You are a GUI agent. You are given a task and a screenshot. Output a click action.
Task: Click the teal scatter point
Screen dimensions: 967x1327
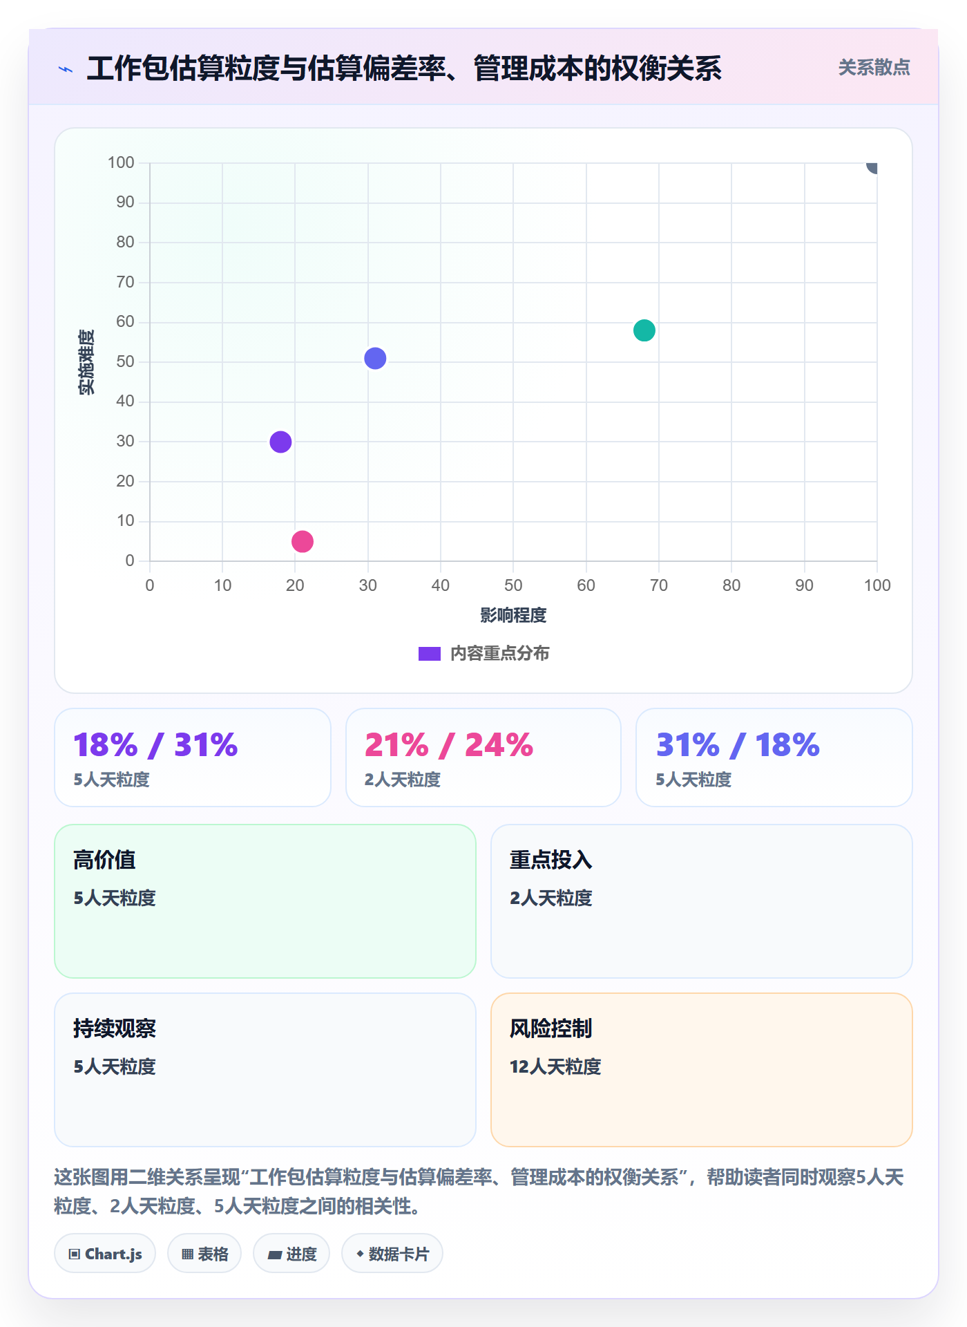(x=644, y=330)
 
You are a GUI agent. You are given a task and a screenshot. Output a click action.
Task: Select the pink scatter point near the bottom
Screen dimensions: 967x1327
(x=303, y=541)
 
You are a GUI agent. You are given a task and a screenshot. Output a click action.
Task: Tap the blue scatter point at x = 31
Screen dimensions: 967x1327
(x=375, y=358)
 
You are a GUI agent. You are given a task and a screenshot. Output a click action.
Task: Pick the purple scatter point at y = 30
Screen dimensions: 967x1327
(x=280, y=442)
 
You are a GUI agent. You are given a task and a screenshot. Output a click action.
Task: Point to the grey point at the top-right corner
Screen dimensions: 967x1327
(x=873, y=166)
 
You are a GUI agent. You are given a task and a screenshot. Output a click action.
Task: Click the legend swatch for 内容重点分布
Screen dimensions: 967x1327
(x=430, y=653)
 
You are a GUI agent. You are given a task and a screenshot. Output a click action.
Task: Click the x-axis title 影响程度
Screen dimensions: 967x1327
(x=513, y=615)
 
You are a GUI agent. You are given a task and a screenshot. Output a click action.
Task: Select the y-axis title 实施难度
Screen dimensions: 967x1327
(x=86, y=362)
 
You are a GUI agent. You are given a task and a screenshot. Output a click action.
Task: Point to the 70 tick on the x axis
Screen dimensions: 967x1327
(x=659, y=585)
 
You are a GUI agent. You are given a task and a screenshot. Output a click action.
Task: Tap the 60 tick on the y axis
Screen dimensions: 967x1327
(x=125, y=321)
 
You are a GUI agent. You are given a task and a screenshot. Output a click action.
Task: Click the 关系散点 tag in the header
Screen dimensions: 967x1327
(x=874, y=68)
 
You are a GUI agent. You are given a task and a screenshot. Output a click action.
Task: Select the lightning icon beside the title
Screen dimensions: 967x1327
(x=66, y=69)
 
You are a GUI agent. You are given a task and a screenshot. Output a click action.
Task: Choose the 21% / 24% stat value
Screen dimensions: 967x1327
(x=449, y=745)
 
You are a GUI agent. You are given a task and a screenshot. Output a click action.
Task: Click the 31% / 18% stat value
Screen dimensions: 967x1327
(x=738, y=745)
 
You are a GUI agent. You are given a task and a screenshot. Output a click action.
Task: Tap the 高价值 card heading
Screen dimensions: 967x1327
(x=104, y=860)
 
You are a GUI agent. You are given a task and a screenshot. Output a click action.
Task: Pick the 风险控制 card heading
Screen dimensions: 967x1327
(x=550, y=1028)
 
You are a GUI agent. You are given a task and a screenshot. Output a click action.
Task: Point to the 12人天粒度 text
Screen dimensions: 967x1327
(x=555, y=1066)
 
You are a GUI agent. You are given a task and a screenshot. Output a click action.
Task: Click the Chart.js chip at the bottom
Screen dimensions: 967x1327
(x=105, y=1254)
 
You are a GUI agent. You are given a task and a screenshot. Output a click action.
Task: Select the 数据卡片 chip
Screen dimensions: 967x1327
(x=392, y=1254)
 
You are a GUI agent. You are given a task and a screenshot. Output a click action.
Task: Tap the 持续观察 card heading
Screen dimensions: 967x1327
(x=115, y=1028)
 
